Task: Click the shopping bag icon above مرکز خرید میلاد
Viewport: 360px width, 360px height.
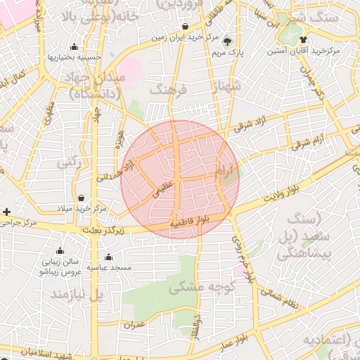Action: [82, 198]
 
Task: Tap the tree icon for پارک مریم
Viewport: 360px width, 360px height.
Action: [226, 40]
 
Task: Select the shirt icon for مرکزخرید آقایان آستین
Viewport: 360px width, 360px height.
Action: [303, 40]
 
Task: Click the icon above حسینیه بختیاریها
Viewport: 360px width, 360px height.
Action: [74, 46]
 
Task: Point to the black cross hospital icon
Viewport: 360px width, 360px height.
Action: [7, 211]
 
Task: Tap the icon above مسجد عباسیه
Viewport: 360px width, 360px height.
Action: [108, 258]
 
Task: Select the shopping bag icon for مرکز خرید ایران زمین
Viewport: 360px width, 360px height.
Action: [185, 26]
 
